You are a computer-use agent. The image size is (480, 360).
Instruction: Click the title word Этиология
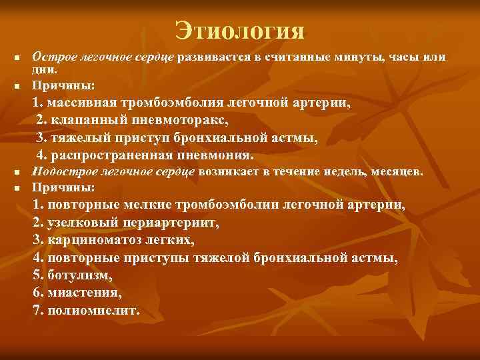point(239,30)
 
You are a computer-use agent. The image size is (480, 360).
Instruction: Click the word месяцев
point(399,173)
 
